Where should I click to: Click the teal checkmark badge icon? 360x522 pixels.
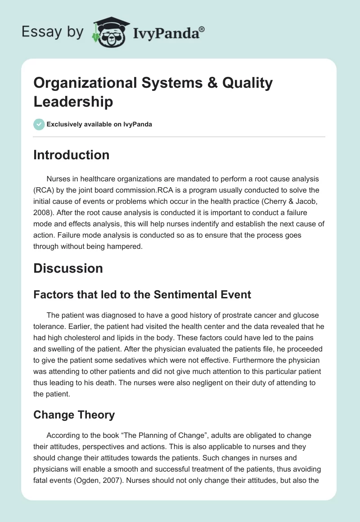39,124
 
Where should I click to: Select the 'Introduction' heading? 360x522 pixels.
71,155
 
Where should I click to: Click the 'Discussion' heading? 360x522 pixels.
68,269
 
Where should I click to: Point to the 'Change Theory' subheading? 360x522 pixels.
74,414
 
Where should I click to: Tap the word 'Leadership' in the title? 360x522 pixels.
73,102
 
